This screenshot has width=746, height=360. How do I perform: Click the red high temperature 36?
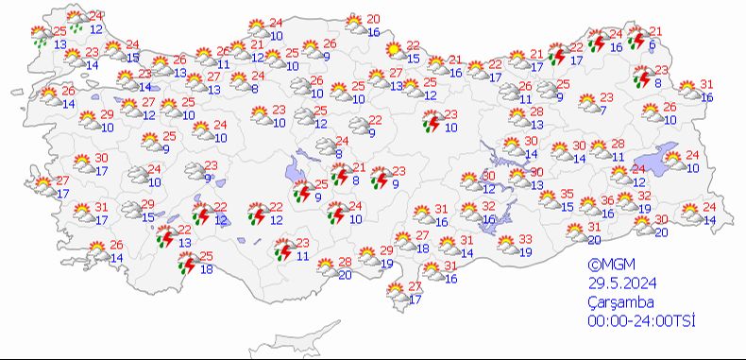coord(609,200)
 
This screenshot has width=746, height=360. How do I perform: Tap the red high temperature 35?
coord(568,194)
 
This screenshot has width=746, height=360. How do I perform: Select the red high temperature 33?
coord(526,240)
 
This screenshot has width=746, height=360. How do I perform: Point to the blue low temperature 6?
coord(652,45)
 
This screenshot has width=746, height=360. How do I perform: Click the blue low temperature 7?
coord(602,110)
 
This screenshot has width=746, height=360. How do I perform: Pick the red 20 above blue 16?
coord(373,20)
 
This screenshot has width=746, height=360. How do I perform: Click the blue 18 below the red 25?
coord(205,270)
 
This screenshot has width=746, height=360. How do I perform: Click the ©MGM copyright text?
coord(606,266)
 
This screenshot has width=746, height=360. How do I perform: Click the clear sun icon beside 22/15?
coord(390,53)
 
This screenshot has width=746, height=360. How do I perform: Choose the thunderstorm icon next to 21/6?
coord(636,39)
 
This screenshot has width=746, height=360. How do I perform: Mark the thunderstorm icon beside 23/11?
coord(281,249)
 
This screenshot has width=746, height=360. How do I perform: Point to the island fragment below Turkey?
coord(321,334)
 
